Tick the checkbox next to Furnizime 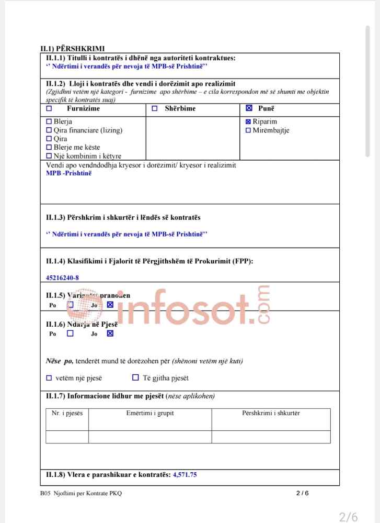50,109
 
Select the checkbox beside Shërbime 154,109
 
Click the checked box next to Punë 249,109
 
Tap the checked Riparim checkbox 248,122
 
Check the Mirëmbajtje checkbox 248,130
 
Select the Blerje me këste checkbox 49,148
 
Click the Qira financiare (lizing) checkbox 49,130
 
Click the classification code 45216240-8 63,277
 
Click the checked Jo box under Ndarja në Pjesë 110,333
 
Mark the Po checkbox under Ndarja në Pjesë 70,333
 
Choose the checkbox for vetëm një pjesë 49,377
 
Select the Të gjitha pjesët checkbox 135,377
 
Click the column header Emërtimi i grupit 150,414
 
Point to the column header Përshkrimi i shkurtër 271,414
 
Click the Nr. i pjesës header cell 67,414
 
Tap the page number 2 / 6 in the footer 303,493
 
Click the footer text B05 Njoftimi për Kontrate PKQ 81,493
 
